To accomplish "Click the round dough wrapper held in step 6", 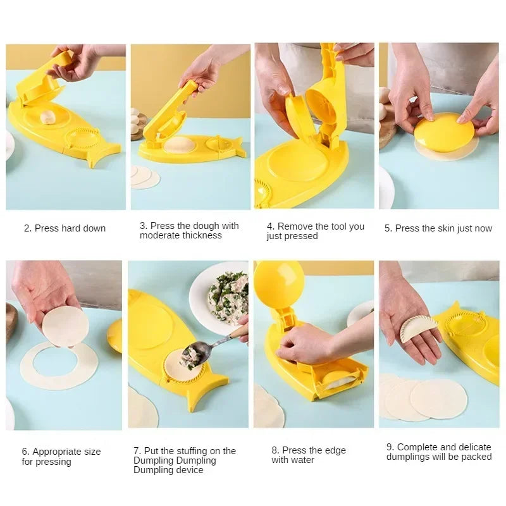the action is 65,326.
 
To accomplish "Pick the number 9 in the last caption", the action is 390,447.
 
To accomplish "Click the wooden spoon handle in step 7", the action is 238,331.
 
